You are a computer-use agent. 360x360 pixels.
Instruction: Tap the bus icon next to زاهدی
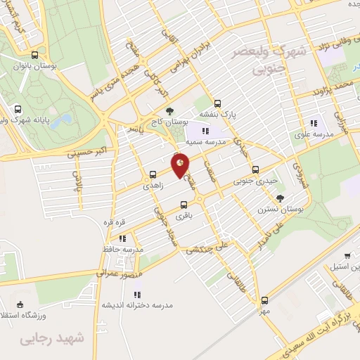coord(152,174)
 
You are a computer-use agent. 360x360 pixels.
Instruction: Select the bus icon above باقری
coord(184,204)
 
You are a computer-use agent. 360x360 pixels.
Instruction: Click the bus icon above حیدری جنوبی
coord(255,169)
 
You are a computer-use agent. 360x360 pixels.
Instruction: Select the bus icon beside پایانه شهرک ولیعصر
coord(18,109)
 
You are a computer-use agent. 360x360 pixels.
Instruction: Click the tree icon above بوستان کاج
coord(169,110)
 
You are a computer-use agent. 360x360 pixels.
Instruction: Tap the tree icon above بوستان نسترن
coord(280,198)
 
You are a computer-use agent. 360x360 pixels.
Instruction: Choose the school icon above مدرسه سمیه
coord(205,131)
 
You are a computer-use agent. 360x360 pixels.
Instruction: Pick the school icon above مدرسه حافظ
coord(122,238)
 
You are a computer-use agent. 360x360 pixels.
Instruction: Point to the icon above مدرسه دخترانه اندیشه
coord(138,294)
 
